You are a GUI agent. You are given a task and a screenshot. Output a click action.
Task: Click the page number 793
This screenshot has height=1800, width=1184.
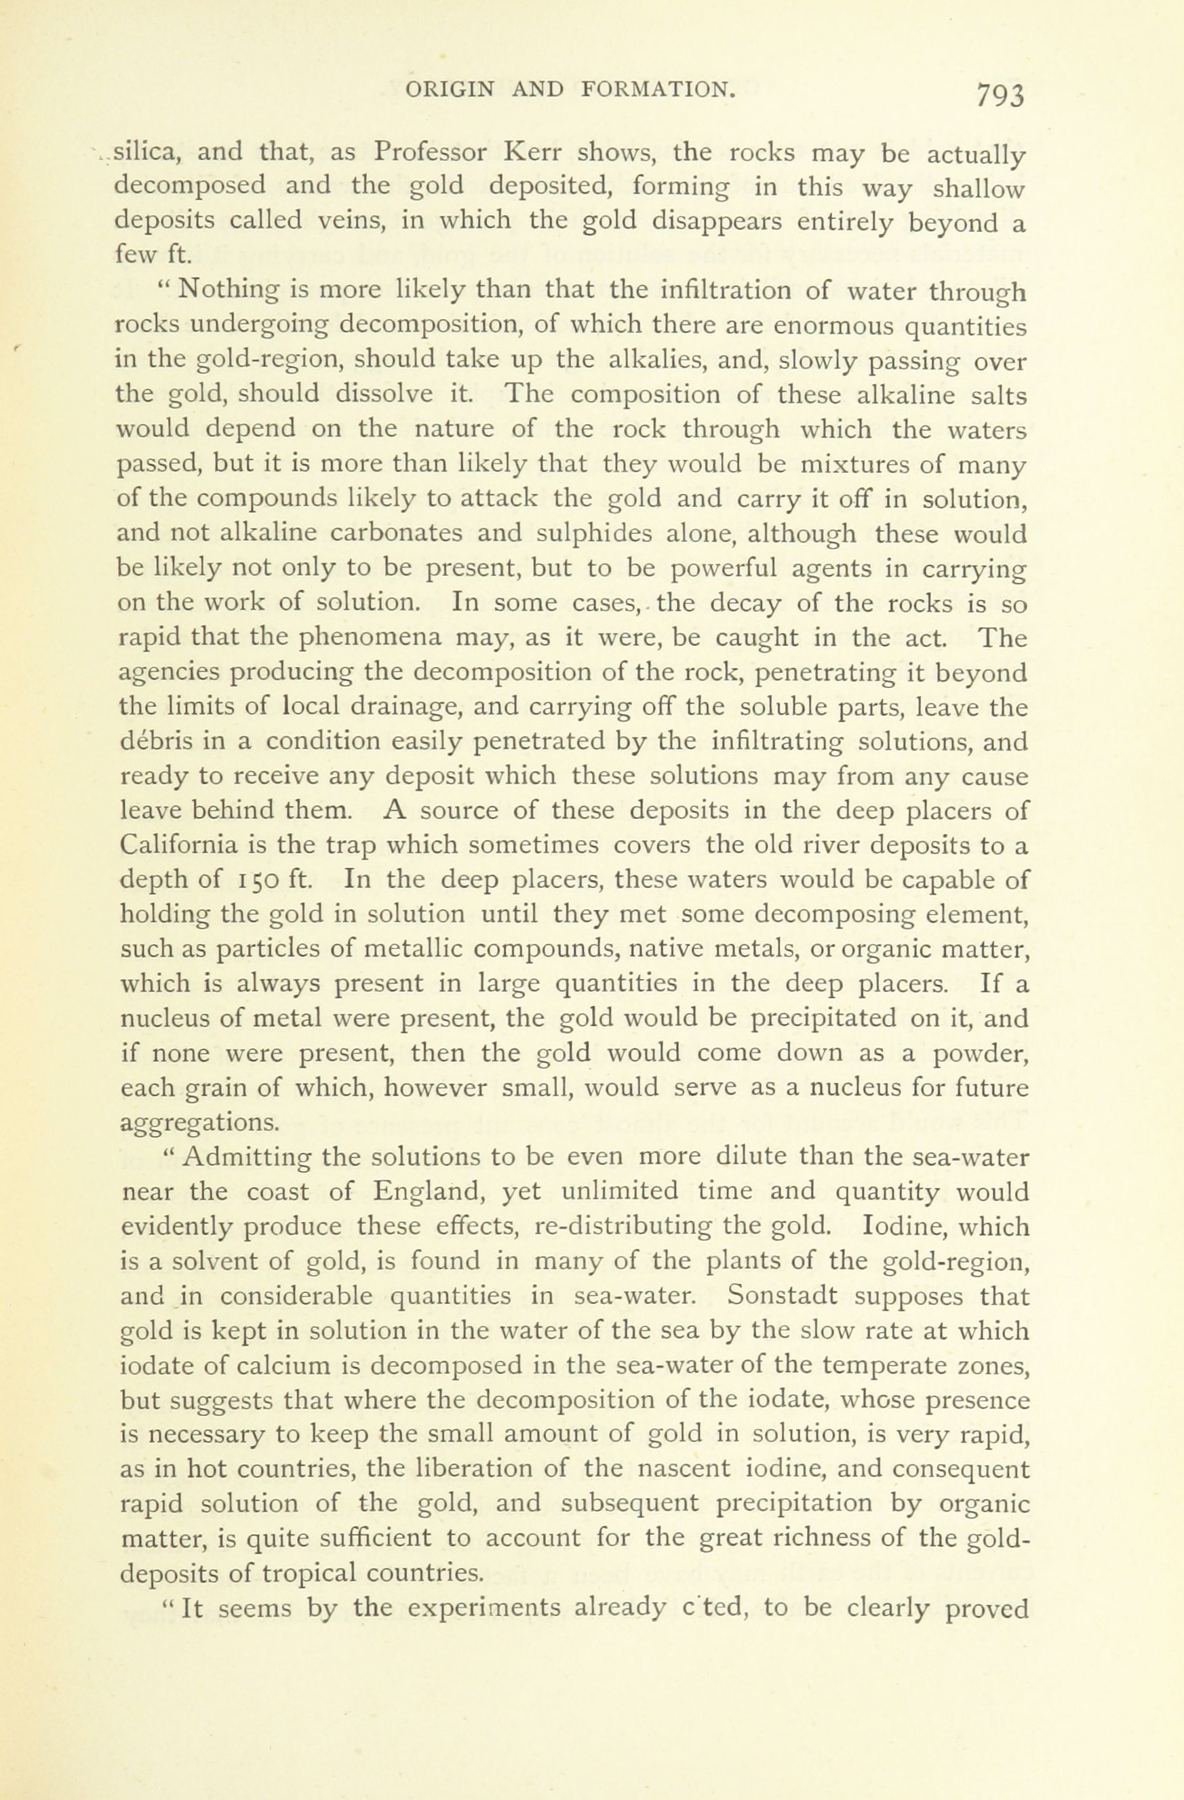tap(1000, 97)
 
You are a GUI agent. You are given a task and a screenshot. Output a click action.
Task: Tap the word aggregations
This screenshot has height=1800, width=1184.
tap(199, 1123)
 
